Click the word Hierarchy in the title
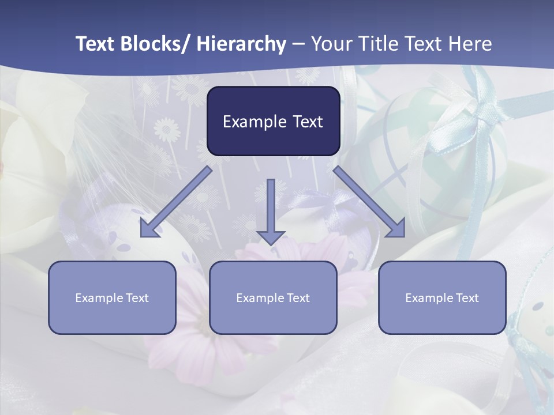[241, 44]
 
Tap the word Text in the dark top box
[306, 122]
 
